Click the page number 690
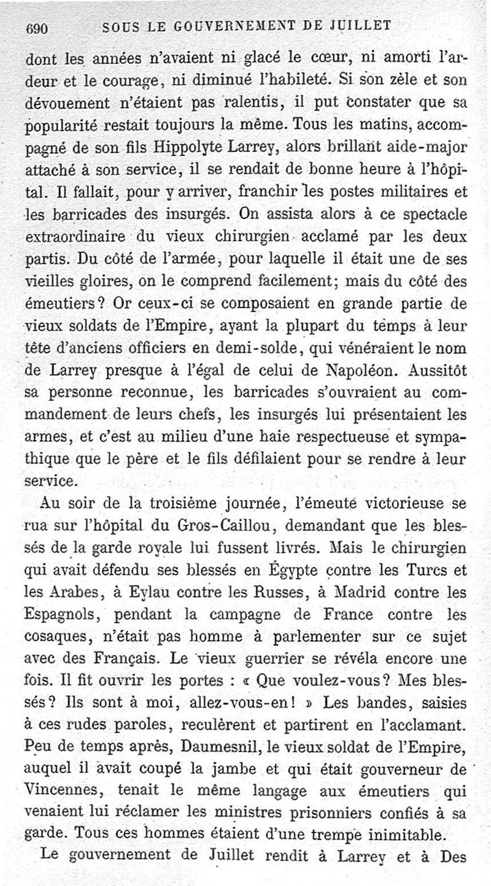click(x=37, y=28)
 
